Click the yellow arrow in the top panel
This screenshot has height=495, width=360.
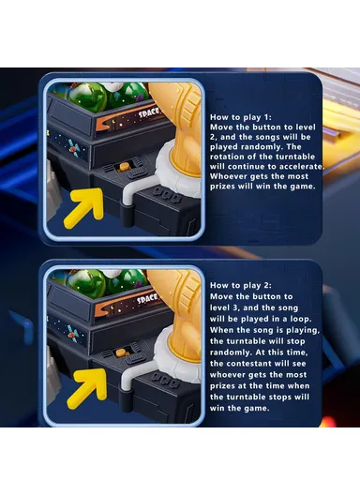point(84,207)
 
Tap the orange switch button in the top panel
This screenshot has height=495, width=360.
point(122,167)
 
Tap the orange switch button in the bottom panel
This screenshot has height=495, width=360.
point(121,352)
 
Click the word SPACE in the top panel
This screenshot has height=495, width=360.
point(149,112)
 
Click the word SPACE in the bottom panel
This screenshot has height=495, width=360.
point(147,299)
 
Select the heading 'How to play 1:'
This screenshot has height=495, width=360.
point(241,117)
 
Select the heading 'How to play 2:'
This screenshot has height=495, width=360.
point(241,285)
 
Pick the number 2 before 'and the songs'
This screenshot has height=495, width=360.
point(213,137)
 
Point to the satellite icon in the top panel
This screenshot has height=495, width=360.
point(73,148)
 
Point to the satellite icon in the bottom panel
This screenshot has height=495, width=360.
point(72,334)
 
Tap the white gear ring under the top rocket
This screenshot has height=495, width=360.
point(178,172)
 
